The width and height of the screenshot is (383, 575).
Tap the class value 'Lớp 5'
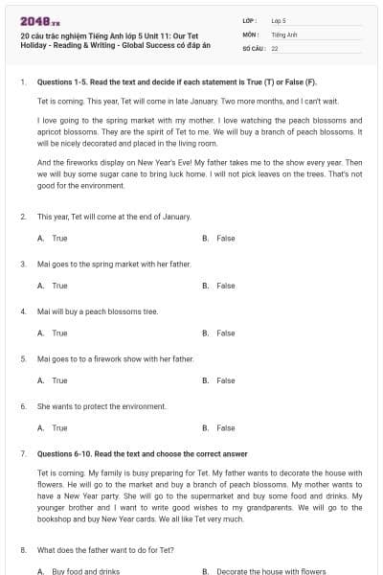click(x=279, y=19)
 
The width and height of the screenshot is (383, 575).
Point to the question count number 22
click(x=275, y=47)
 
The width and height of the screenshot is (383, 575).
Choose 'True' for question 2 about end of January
click(x=59, y=238)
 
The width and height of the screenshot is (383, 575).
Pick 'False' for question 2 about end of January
click(x=225, y=238)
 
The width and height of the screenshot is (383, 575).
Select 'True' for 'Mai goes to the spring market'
click(x=59, y=286)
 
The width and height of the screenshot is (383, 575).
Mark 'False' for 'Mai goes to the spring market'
click(x=225, y=286)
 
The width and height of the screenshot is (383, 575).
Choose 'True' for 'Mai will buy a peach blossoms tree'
click(x=59, y=333)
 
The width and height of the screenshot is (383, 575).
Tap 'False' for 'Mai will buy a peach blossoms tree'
click(x=225, y=333)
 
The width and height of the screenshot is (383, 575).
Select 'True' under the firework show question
click(x=59, y=380)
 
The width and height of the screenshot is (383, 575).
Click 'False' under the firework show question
click(x=225, y=380)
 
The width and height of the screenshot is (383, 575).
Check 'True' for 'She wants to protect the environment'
click(x=59, y=428)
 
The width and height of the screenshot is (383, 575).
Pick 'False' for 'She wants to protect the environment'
click(x=225, y=428)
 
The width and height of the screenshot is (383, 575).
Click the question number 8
click(x=22, y=550)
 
